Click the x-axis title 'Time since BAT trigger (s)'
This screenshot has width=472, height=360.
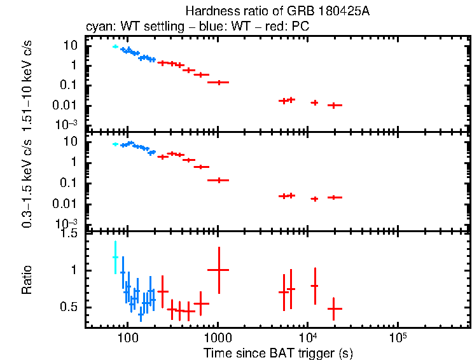278,352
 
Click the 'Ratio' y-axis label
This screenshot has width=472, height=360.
27,280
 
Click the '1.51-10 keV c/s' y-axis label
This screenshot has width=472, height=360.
27,87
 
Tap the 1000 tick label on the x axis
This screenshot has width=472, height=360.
218,336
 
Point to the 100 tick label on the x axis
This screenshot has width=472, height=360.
128,336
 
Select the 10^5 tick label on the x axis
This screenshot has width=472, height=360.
398,336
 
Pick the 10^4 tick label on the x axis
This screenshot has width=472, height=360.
308,336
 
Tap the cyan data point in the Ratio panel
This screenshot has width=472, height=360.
115,257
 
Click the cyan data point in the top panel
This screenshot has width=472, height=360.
115,46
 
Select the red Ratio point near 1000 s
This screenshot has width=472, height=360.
219,270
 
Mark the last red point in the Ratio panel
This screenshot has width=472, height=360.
334,308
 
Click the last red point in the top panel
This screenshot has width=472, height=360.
334,105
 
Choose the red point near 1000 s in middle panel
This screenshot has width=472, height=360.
219,180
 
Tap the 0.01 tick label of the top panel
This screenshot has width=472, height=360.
67,105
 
